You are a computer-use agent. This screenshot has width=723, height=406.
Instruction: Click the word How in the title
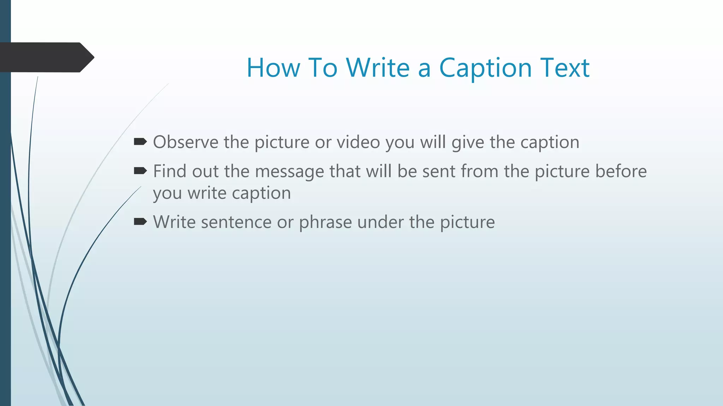[x=273, y=68]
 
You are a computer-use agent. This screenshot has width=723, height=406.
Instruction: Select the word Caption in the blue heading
[x=485, y=68]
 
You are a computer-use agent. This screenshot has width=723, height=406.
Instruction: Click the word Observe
[x=186, y=142]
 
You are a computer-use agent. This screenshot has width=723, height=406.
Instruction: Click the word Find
[x=169, y=171]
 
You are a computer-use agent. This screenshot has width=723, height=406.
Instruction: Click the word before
[x=621, y=171]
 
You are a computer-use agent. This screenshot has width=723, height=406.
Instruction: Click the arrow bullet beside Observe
[x=140, y=142]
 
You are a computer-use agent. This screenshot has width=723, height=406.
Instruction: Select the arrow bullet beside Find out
[x=140, y=171]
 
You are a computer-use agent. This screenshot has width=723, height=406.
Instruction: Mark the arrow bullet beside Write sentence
[x=140, y=222]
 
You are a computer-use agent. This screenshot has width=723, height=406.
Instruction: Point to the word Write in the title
[x=378, y=68]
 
